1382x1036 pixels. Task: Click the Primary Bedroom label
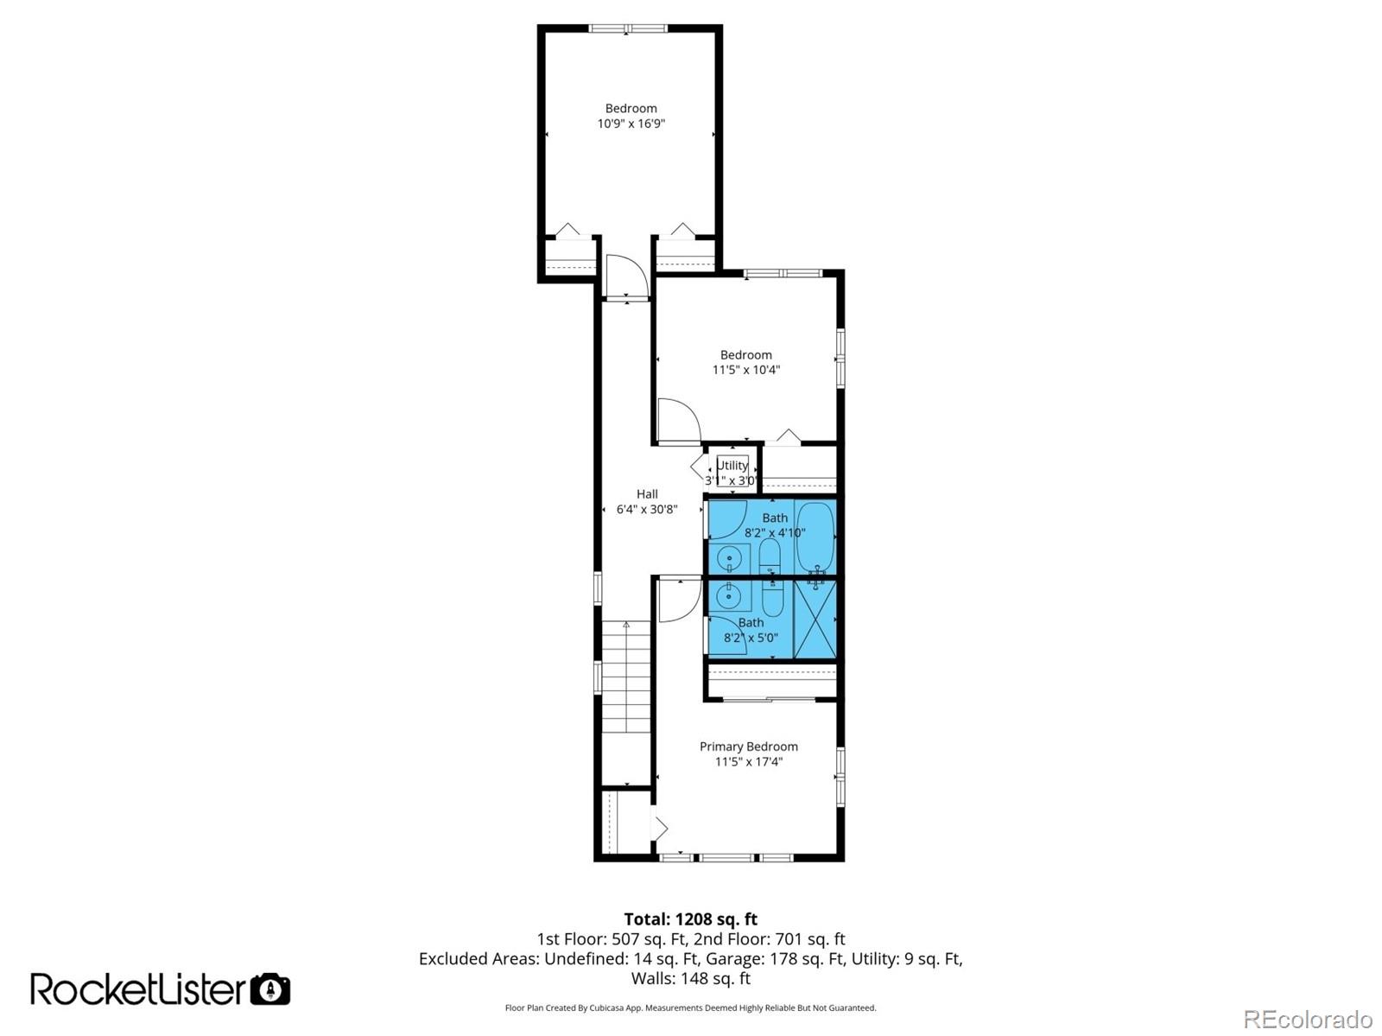[x=748, y=747]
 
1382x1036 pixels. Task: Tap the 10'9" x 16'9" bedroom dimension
[x=631, y=124]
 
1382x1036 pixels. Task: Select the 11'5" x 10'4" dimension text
[x=745, y=370]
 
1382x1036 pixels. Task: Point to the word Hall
[x=647, y=494]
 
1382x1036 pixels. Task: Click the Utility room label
[x=732, y=466]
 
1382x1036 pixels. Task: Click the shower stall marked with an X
[x=815, y=620]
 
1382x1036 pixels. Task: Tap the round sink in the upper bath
[x=729, y=558]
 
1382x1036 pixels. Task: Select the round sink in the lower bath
[x=729, y=595]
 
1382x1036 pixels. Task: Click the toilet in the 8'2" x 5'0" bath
[x=772, y=596]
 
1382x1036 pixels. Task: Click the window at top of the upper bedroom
[x=628, y=29]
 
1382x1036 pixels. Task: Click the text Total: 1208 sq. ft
[x=690, y=919]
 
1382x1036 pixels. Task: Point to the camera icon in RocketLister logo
[x=270, y=989]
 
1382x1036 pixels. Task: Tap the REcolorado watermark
[x=1308, y=1019]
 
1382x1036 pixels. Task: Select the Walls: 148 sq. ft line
[x=690, y=978]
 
